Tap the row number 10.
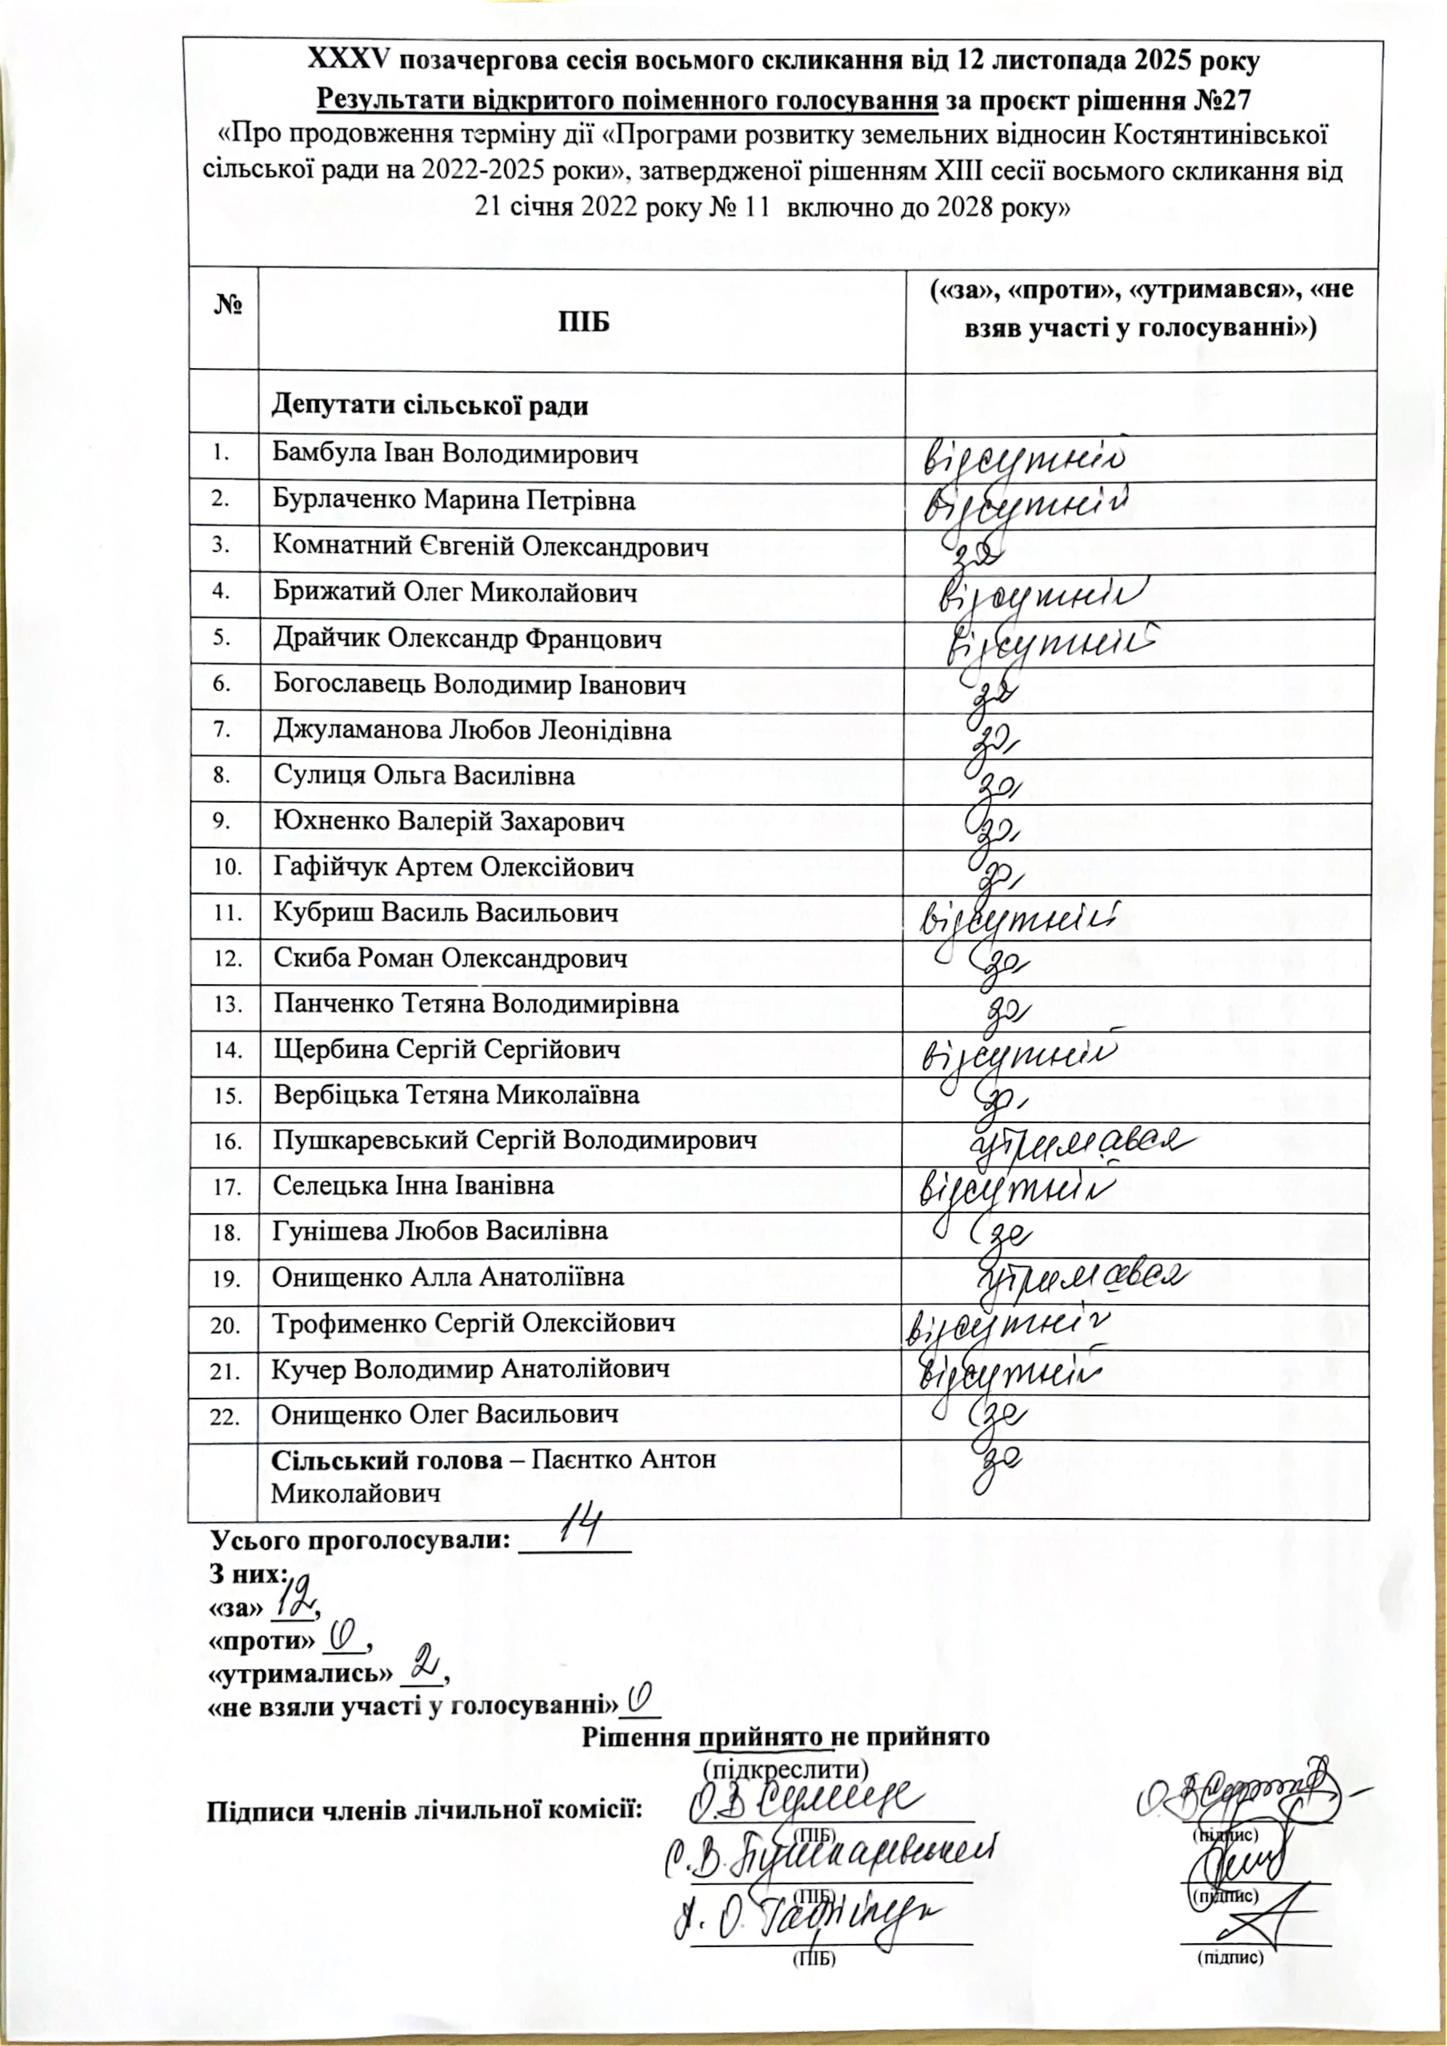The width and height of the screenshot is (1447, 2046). [x=228, y=867]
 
